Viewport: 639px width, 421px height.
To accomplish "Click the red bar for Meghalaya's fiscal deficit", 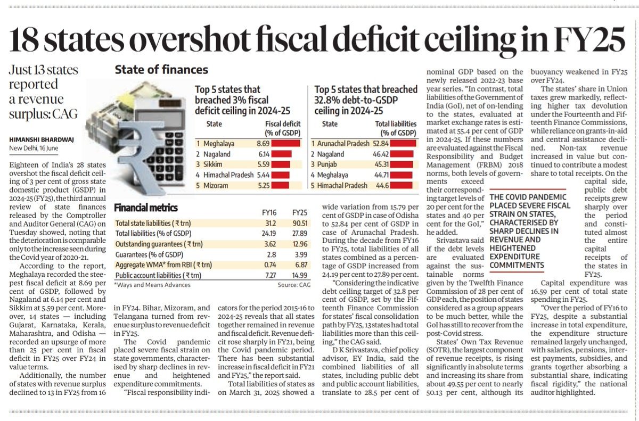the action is [x=285, y=143].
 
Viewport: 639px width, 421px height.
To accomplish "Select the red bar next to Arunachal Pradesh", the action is [x=403, y=143].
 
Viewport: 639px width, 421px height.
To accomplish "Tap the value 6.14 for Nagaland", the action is [x=264, y=154].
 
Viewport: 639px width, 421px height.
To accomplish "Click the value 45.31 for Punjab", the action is [x=381, y=164].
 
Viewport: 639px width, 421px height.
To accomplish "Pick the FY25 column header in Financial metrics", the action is [x=300, y=213].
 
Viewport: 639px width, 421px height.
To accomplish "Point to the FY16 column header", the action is [x=269, y=213].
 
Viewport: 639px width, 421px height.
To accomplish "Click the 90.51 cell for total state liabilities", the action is [x=300, y=223].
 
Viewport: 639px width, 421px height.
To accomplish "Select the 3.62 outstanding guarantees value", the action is [x=270, y=244].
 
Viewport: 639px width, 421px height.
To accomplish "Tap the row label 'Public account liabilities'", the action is [x=158, y=276].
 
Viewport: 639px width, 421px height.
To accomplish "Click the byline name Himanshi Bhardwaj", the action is [x=42, y=139].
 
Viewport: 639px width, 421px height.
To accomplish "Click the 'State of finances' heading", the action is [x=161, y=70].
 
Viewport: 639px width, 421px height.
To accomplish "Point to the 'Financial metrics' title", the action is [x=146, y=208].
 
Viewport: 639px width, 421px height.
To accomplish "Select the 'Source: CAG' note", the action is [x=294, y=285].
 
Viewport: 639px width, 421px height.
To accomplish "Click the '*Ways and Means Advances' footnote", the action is [x=152, y=285].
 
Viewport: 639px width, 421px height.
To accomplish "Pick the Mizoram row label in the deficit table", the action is [x=216, y=186].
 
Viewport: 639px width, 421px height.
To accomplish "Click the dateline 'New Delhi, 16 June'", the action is [x=34, y=148].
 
